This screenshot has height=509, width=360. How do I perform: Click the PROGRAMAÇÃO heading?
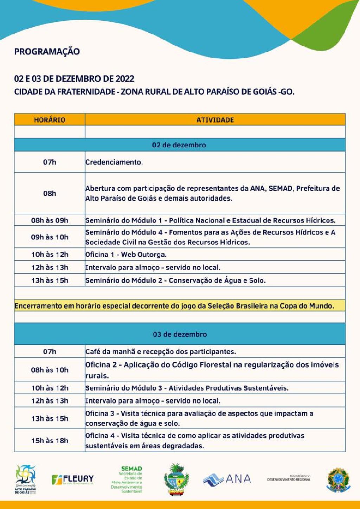47,52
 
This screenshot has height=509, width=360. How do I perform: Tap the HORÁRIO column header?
50,120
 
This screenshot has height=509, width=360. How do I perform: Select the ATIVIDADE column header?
215,120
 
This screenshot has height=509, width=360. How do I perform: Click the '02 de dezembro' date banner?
179,145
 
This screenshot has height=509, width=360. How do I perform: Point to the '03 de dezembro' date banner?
180,334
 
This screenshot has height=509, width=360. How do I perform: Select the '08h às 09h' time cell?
50,220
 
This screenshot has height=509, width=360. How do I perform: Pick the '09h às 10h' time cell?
50,237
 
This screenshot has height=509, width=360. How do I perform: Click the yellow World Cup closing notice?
174,306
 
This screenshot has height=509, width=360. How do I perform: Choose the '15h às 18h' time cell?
50,440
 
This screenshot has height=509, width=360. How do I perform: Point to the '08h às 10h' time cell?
50,370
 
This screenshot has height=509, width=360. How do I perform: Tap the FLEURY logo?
73,479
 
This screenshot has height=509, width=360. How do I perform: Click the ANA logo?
227,479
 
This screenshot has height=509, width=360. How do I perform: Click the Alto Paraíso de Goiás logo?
25,479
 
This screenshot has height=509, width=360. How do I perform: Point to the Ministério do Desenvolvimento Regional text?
289,478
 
